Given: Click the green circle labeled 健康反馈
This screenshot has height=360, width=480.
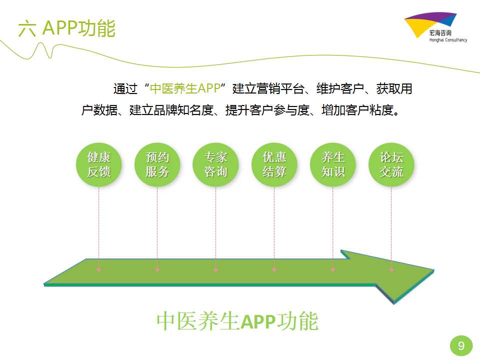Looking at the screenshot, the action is coord(99,165).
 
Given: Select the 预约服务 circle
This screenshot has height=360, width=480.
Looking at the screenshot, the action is coord(157,165).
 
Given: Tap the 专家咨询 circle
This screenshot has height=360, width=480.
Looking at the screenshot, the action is coord(216,165).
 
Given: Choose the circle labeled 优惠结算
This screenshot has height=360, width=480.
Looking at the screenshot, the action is coord(274,165).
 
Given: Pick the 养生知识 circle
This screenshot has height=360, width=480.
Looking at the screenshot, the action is coord(333,165).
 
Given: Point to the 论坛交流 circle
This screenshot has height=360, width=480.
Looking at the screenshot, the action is coord(391,165).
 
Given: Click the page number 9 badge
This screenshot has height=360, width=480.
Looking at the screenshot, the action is coord(461,346).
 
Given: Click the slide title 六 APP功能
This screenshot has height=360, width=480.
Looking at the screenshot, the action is coord(66,28).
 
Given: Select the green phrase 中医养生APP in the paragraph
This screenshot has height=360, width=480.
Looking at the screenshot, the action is coord(185,88).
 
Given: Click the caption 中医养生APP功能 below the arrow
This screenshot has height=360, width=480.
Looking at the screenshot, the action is coord(237,321).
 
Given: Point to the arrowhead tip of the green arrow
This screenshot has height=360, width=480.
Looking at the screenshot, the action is coord(434,270).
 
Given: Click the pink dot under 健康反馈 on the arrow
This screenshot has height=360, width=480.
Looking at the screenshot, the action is coord(99,269).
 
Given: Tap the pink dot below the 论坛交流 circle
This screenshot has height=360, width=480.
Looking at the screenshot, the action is coord(391,269).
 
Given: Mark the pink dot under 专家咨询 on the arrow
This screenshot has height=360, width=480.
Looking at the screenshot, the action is coord(216,269).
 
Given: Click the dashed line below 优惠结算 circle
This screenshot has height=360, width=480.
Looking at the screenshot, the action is coord(274,227).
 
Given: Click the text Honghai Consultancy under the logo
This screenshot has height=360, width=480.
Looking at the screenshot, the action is coord(448,40).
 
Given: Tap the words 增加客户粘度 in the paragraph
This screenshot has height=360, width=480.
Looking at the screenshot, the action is coord(357,110).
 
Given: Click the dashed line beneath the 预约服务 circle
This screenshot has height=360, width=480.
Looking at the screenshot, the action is coord(157,227).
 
